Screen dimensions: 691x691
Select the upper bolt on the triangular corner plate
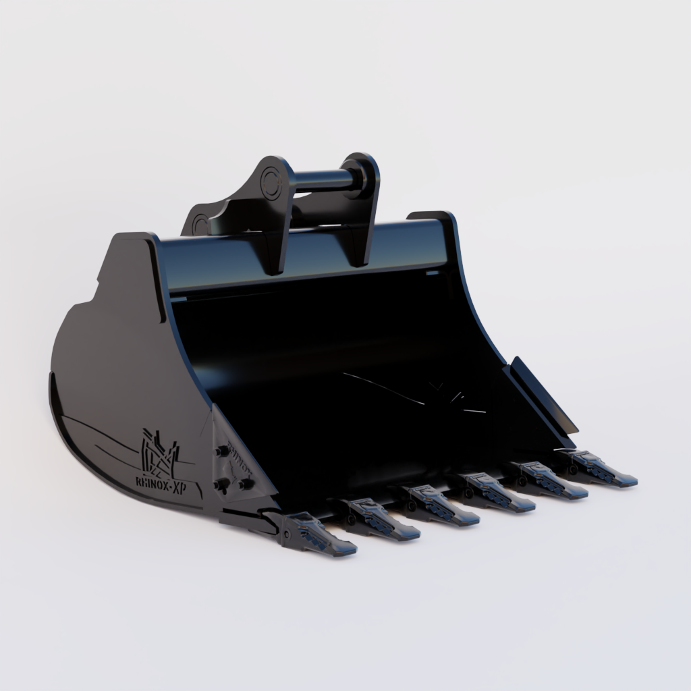221,451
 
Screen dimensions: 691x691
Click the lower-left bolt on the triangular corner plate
220,483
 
